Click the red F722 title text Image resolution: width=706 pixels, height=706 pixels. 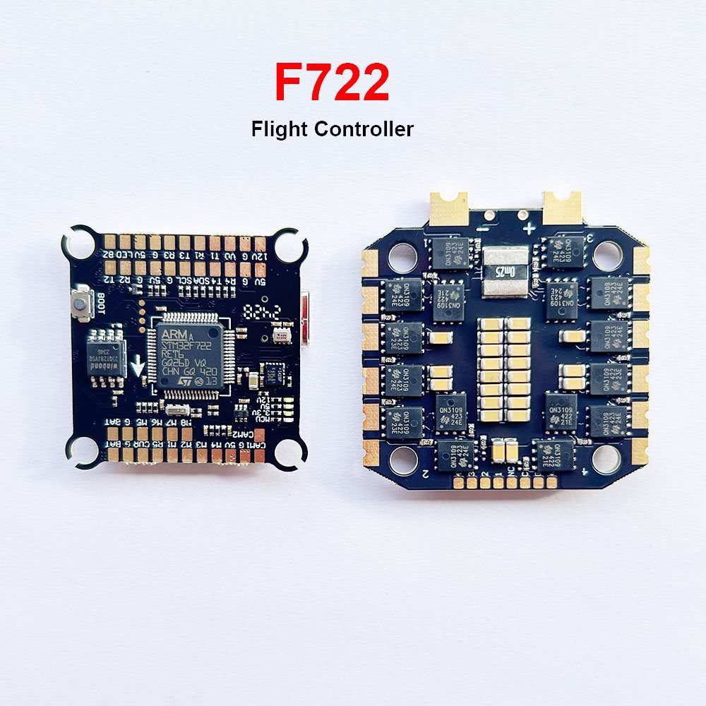coord(331,83)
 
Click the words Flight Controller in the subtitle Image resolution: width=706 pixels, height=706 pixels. coord(331,129)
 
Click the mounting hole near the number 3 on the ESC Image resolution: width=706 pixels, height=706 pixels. coord(606,255)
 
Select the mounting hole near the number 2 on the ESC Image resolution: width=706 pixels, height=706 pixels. coord(404,460)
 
